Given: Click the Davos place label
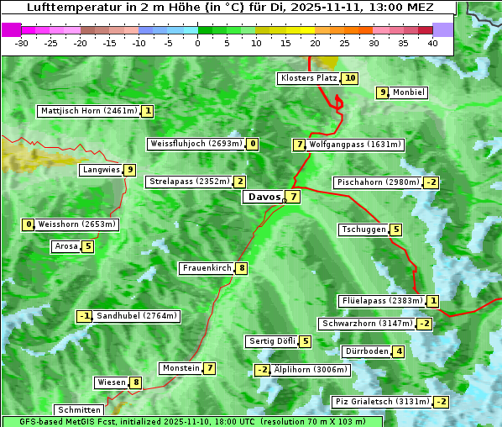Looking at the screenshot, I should point(264,197).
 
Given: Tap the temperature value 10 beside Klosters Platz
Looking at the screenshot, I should point(350,78).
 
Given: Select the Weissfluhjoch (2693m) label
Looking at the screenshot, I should point(196,144).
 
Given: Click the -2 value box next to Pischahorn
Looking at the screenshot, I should point(431,182).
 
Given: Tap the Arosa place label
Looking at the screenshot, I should point(65,246).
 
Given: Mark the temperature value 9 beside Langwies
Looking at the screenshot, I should point(129,170).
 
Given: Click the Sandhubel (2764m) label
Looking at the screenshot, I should point(137,316).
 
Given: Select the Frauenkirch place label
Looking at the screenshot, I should point(207,268).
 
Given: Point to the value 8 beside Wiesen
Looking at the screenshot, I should point(136,382).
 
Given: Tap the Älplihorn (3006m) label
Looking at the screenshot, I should point(311,370).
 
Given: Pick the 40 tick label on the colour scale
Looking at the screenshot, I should point(432,43).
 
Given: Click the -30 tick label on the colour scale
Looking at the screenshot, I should point(22,43).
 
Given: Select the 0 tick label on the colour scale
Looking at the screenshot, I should point(197,43).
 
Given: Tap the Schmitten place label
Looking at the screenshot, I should point(76,409).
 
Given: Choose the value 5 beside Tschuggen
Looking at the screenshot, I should point(396,229).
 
